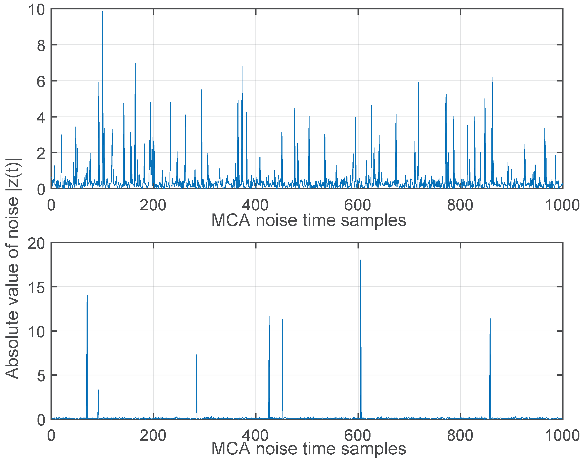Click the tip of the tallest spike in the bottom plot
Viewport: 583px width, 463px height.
360,260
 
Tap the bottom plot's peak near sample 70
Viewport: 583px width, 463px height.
87,292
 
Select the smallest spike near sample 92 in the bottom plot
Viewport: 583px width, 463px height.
98,390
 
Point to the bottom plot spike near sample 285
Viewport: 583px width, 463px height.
197,355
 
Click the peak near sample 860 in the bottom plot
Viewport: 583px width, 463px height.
490,319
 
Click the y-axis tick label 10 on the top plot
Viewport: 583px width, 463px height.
37,10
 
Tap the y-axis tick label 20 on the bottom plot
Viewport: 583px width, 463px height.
36,244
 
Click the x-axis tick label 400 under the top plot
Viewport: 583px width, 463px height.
255,206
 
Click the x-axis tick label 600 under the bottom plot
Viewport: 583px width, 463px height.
358,436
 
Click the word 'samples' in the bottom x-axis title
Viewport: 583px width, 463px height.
373,449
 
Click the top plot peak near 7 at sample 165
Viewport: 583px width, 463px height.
135,63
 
